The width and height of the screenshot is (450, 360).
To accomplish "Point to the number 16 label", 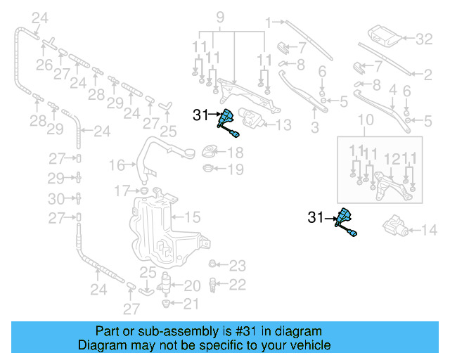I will point(116,165).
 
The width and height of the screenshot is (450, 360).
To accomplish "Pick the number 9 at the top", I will point(219,15).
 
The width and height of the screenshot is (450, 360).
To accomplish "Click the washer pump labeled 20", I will point(166,284).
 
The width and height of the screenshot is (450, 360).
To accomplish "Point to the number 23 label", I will point(238,266).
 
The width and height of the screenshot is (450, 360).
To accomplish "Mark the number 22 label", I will point(238,284).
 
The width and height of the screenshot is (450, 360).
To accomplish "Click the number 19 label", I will point(235,169).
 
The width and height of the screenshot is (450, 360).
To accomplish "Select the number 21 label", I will point(191,304).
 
